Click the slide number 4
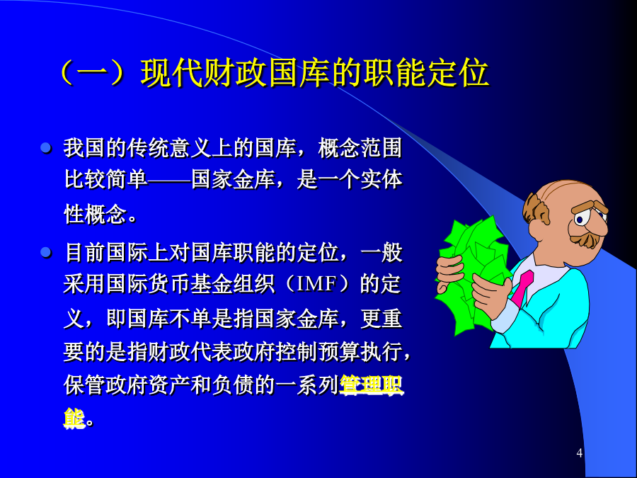579,453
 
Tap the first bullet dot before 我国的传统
46,148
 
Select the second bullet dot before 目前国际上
46,253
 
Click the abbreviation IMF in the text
316,284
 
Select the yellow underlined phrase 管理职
371,385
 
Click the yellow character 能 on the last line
74,419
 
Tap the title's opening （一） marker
91,74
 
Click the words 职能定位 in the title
426,74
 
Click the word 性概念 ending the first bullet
95,214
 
